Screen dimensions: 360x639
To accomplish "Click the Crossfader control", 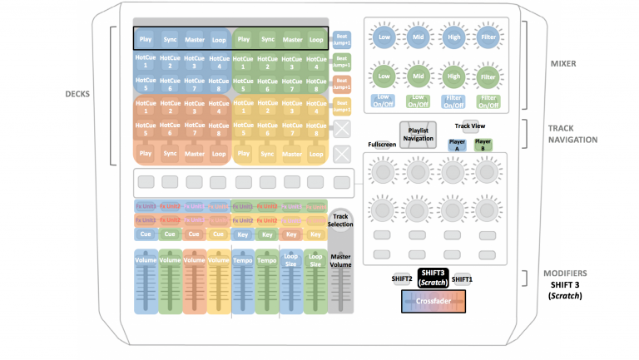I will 433,301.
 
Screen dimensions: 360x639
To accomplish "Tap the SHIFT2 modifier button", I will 403,279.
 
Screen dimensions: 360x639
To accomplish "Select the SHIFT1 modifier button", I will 462,279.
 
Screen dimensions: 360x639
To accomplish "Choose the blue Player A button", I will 457,143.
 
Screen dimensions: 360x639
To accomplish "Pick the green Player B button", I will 483,143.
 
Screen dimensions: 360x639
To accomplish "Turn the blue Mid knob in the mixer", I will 418,37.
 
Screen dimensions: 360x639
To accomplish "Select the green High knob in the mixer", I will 453,75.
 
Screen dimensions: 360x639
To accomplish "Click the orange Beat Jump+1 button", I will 342,82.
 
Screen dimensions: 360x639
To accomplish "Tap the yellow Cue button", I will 218,235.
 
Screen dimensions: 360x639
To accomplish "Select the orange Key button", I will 291,235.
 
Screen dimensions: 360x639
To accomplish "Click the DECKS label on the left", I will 77,93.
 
